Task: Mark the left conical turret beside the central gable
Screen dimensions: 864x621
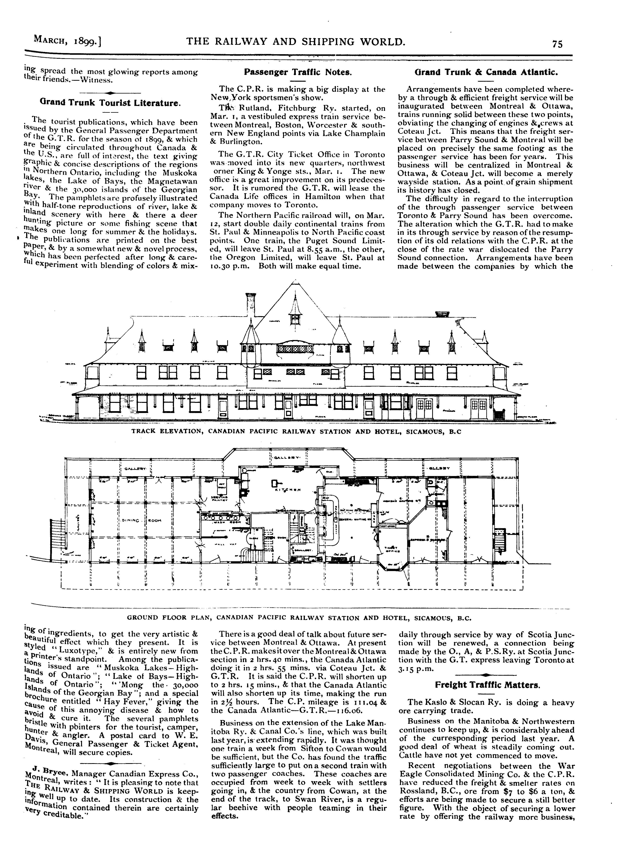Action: (251, 335)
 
